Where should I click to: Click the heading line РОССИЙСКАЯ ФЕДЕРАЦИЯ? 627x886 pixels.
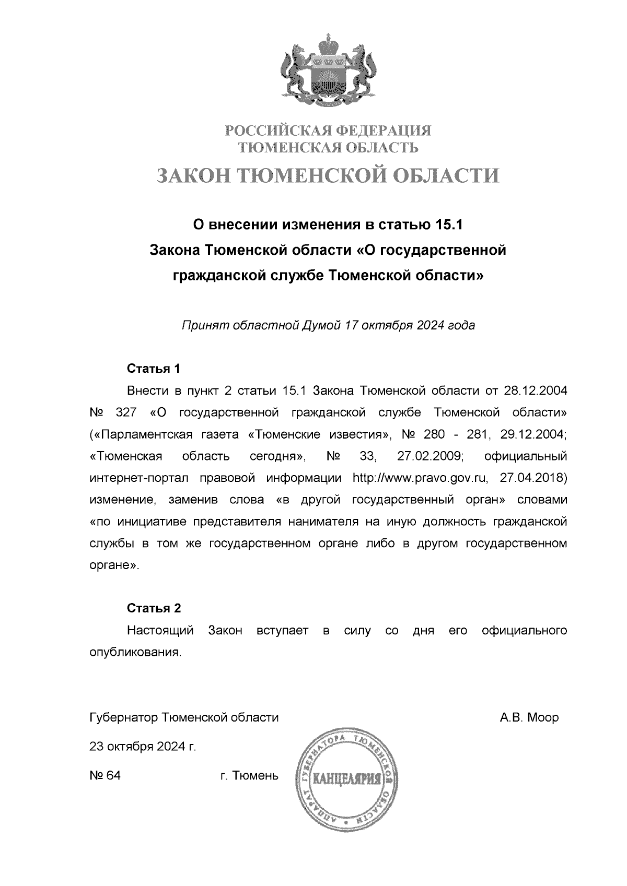coord(328,130)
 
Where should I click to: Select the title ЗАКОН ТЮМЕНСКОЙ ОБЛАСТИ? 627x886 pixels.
coord(328,175)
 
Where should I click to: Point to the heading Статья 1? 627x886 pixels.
coord(154,369)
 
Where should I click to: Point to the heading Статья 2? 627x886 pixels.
coord(154,608)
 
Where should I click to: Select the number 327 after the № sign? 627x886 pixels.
coord(125,413)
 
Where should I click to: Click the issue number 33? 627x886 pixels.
coord(368,456)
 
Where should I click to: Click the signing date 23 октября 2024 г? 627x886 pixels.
coord(143,747)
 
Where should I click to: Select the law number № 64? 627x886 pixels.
coord(105,776)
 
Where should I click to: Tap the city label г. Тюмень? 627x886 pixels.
coord(249,776)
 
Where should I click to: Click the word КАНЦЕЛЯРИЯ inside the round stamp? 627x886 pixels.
coord(346,781)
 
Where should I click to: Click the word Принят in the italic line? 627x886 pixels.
coord(201,326)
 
